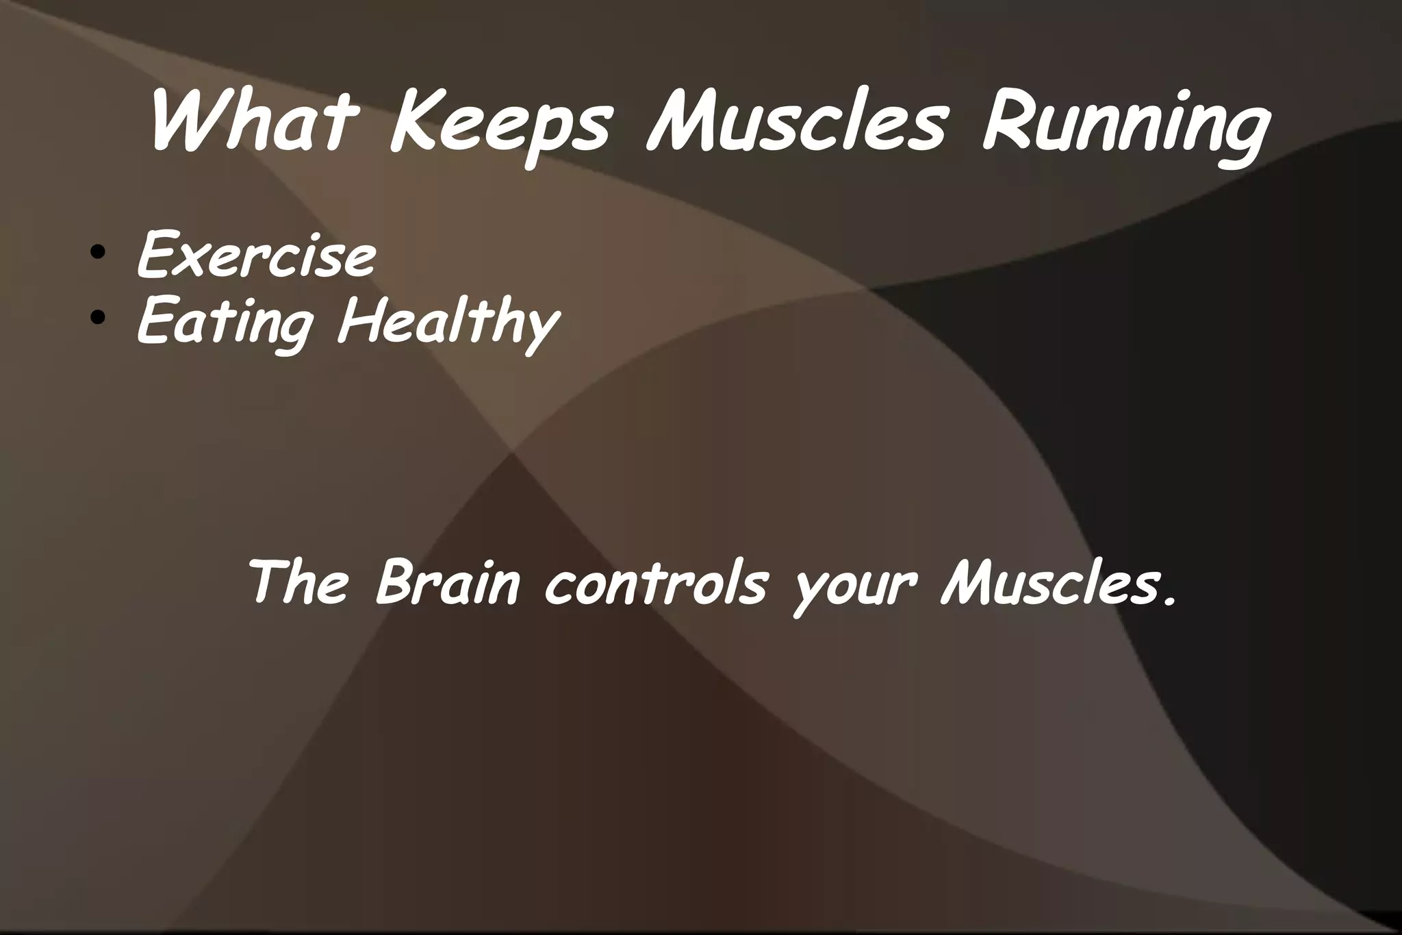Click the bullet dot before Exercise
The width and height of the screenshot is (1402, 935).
(99, 252)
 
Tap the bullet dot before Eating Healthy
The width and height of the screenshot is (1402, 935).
(99, 316)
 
